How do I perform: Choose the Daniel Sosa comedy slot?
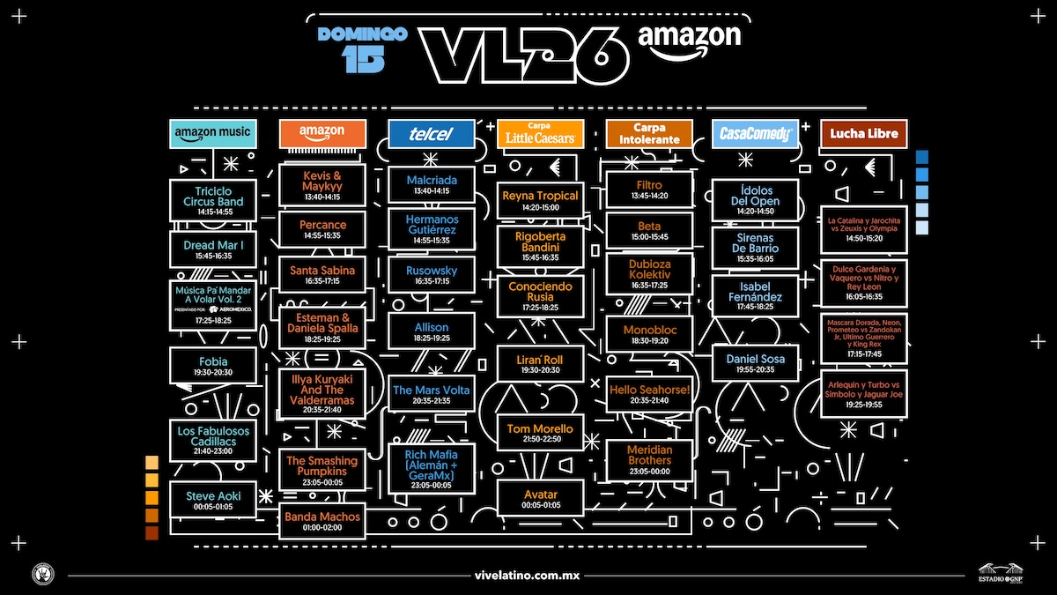click(755, 364)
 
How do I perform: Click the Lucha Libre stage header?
click(863, 134)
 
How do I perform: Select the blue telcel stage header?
click(432, 134)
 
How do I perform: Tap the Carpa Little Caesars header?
click(540, 134)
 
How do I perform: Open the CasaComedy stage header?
click(755, 134)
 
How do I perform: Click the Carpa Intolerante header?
click(649, 134)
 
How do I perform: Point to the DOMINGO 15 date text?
click(362, 47)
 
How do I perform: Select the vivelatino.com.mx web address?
click(528, 575)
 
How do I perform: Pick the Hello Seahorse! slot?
click(649, 394)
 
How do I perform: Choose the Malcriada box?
click(432, 185)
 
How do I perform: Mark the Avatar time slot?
click(540, 498)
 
